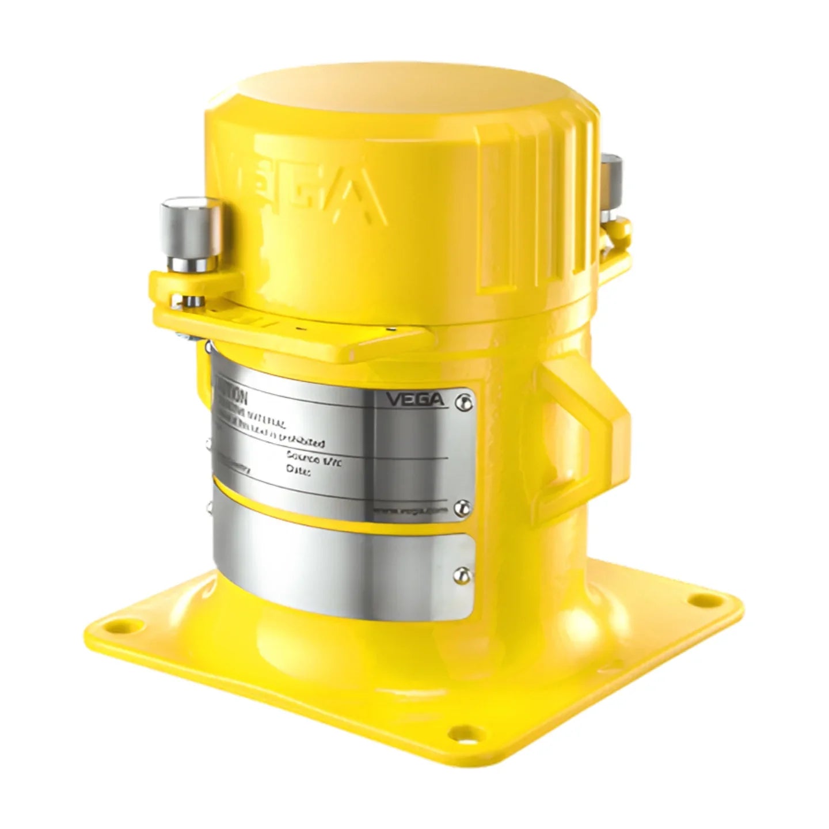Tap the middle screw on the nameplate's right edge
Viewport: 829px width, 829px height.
point(460,507)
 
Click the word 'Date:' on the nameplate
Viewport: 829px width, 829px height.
point(298,471)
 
